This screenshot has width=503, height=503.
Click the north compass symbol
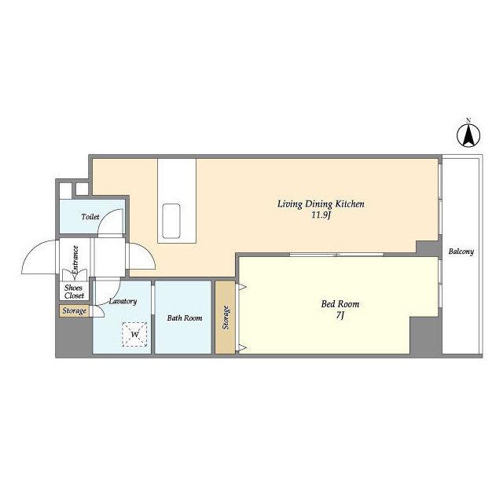tap(468, 134)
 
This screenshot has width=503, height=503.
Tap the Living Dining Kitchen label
tap(321, 204)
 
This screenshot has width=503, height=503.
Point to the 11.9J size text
tap(321, 215)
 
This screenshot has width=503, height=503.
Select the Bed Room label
tap(340, 304)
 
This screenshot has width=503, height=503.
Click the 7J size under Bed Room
tap(340, 316)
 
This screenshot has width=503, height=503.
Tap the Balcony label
tap(461, 251)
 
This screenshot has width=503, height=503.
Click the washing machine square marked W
tap(134, 334)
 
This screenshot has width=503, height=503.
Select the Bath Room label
tap(185, 318)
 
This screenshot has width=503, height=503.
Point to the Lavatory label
tap(123, 301)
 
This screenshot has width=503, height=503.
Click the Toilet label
tap(90, 217)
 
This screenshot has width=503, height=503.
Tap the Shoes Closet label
tap(74, 292)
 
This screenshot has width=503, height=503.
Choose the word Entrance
tap(75, 259)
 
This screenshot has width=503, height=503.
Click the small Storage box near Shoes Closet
tap(74, 311)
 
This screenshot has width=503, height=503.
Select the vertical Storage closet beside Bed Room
tap(226, 318)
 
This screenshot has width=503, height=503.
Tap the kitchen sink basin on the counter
tap(171, 221)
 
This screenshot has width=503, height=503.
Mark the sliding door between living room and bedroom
tap(336, 255)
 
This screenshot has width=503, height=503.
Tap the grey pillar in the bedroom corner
tap(424, 336)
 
